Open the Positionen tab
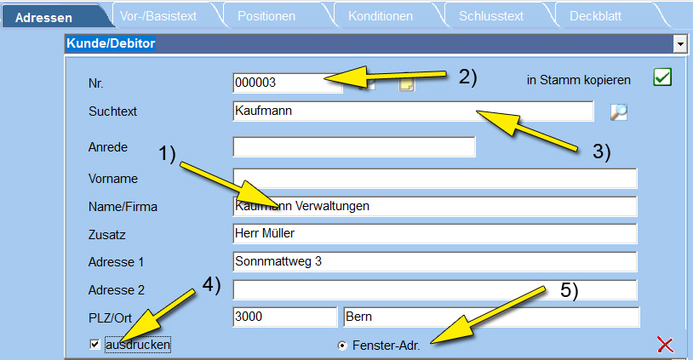point(266,16)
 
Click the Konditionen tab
point(380,16)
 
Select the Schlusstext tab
point(491,16)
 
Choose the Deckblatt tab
point(595,16)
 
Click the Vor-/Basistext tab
point(158,16)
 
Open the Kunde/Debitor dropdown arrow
point(679,43)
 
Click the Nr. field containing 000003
point(287,83)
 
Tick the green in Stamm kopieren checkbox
point(662,77)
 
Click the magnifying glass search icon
point(619,111)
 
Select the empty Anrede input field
point(354,146)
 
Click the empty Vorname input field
point(435,178)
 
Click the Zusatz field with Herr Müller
point(435,233)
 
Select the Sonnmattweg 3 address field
point(435,261)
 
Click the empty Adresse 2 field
point(435,289)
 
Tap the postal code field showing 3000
point(284,317)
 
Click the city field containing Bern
point(491,317)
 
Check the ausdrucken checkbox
point(94,344)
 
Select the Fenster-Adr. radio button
point(342,346)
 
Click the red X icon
point(665,345)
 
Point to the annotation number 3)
point(602,151)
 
